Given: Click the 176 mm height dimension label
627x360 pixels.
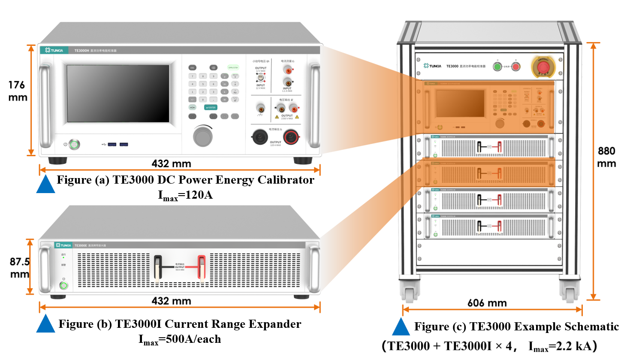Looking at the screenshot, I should [18, 91].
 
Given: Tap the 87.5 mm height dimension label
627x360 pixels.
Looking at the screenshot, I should [20, 267].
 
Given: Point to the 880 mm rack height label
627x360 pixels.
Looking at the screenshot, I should [606, 157].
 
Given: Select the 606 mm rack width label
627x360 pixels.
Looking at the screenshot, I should [487, 303].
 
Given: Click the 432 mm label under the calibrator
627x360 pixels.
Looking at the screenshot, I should [171, 163].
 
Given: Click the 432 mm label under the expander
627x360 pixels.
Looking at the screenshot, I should [171, 301].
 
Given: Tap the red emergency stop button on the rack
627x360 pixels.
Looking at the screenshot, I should [543, 67].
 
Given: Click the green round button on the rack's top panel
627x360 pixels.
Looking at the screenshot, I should [497, 67].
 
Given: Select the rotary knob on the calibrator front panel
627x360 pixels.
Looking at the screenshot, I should [203, 136].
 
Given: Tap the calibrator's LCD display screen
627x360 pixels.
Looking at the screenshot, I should [118, 94].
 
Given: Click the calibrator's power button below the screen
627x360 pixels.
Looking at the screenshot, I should [75, 144].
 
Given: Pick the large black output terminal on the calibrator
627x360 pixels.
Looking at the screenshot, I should [260, 137].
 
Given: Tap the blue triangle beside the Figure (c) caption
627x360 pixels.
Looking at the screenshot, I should [401, 327].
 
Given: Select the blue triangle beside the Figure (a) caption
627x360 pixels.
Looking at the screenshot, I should [45, 184].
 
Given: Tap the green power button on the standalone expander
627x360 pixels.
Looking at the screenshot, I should [64, 285].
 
